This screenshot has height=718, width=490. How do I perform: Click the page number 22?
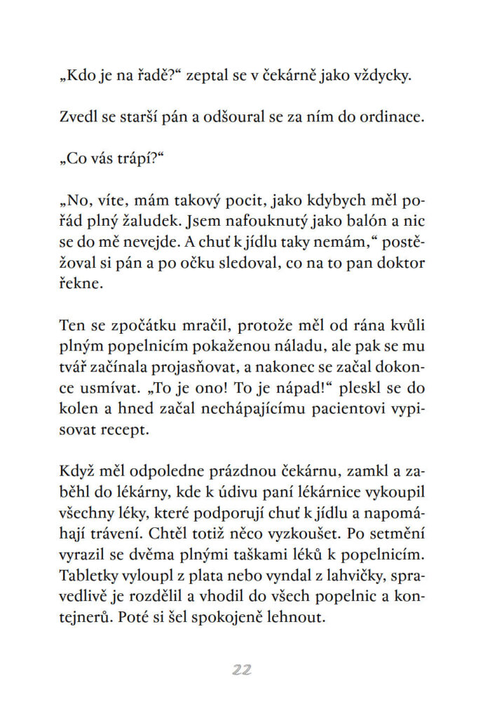click(x=242, y=670)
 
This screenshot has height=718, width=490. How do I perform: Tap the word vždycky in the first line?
click(x=383, y=76)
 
